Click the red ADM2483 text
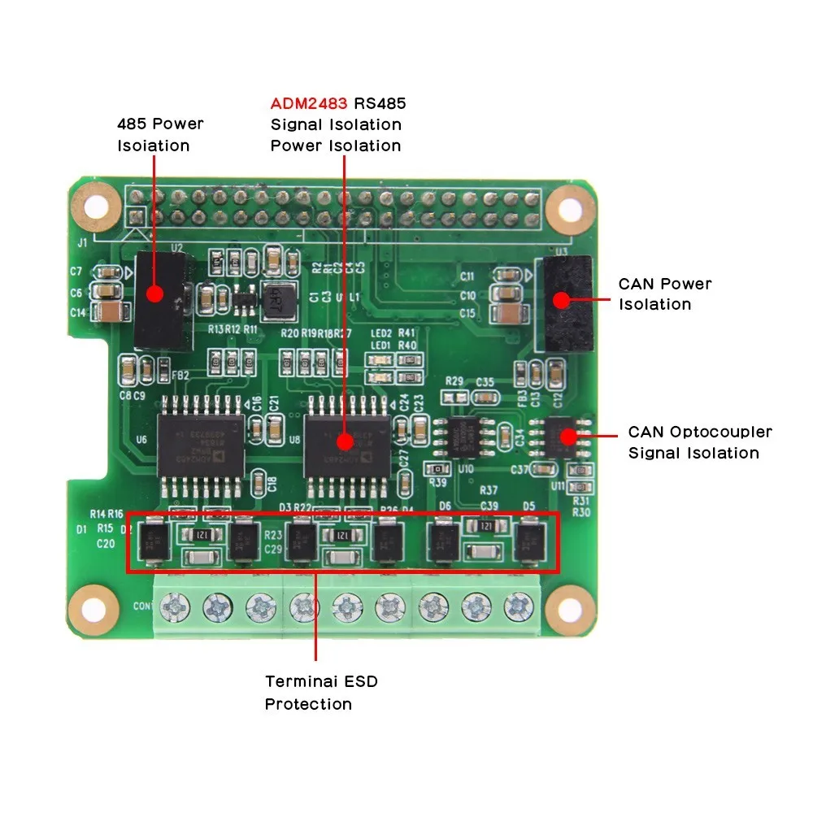309,104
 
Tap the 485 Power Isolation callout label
159,135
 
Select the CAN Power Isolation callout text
664,294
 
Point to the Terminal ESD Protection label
321,693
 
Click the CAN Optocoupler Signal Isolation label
699,443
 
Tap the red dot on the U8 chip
346,442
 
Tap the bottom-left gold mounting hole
85,604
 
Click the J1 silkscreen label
82,243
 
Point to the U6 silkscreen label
141,440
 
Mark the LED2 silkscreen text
380,333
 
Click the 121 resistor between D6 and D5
486,525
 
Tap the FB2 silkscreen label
180,376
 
